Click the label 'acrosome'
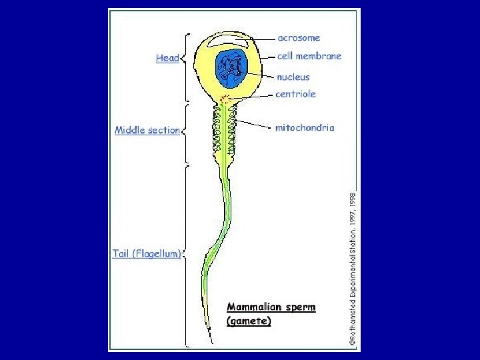click(299, 38)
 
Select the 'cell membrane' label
click(309, 56)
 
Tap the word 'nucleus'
click(293, 77)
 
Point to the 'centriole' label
click(295, 94)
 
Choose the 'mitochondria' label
click(305, 127)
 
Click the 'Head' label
click(167, 58)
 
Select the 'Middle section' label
click(147, 130)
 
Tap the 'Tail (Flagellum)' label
click(147, 254)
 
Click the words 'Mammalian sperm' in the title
click(271, 307)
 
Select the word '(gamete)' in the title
click(249, 321)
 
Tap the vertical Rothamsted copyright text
click(353, 267)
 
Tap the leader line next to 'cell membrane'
click(268, 57)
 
